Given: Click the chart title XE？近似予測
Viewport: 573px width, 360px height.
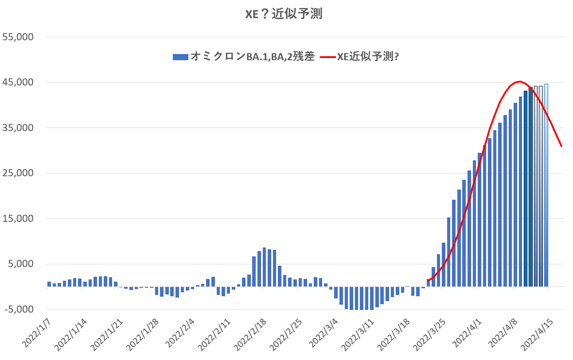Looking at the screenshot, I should (284, 14).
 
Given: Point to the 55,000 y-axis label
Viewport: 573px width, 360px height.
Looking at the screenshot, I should (18, 37).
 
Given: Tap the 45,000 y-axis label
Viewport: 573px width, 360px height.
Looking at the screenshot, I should (18, 82).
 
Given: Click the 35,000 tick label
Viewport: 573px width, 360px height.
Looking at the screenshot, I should (18, 128).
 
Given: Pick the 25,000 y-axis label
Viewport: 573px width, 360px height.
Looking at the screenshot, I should (18, 173).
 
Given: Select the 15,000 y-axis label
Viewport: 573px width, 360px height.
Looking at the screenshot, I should (18, 219).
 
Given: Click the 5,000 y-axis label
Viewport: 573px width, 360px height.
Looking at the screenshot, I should (21, 264).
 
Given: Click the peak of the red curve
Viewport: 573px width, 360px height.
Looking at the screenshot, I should (519, 81).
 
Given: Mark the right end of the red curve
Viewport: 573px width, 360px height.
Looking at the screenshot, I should (561, 146).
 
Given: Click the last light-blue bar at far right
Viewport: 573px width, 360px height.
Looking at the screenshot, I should (546, 185).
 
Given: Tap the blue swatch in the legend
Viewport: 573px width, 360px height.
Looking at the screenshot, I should (180, 57).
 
